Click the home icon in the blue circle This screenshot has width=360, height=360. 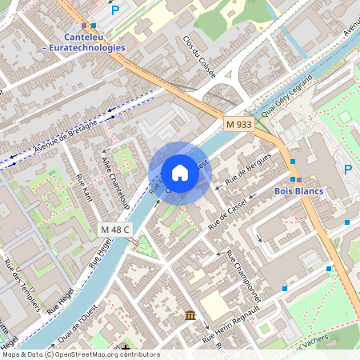(x=179, y=173)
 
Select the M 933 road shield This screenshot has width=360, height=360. (x=238, y=124)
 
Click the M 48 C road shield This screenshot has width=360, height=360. (x=115, y=230)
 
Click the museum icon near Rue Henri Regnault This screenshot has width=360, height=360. (x=190, y=316)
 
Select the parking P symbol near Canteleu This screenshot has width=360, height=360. (x=114, y=10)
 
